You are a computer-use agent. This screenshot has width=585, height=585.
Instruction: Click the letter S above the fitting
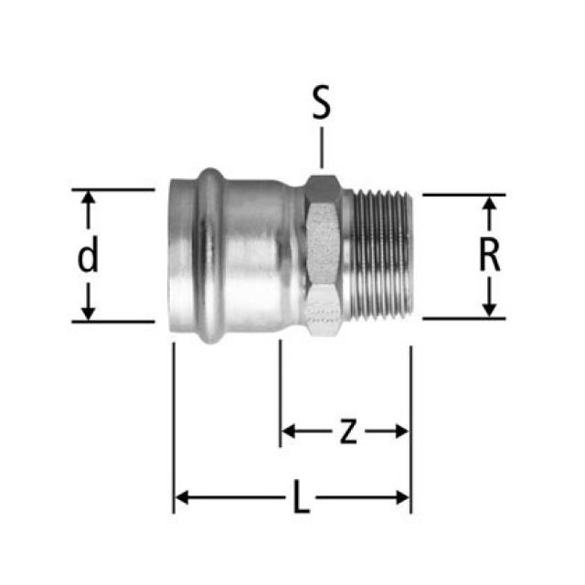[x=320, y=104]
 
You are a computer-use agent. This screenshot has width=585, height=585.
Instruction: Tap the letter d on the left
[x=88, y=259]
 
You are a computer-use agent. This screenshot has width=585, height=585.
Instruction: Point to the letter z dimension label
[x=347, y=431]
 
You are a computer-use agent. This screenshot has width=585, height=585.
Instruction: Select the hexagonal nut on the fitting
[x=324, y=257]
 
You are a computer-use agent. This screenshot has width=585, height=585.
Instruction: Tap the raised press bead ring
[x=210, y=256]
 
